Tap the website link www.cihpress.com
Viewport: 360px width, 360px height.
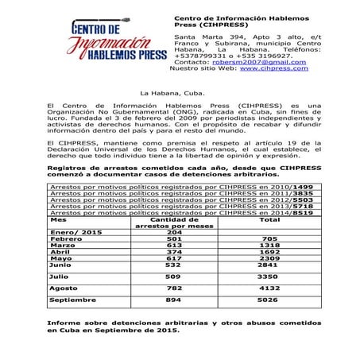click(273, 68)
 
